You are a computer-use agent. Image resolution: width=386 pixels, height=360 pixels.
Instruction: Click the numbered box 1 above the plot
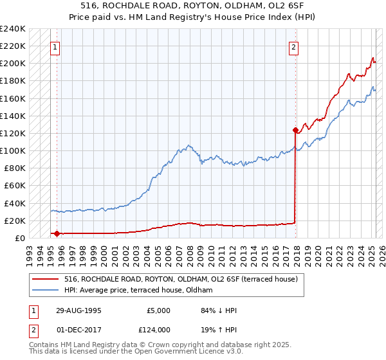coord(55,47)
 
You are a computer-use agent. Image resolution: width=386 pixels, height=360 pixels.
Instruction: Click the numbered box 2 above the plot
coord(293,47)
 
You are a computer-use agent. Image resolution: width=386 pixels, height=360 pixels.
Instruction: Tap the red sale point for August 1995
coord(57,234)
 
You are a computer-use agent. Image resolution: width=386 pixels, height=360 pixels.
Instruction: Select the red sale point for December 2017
coord(295,130)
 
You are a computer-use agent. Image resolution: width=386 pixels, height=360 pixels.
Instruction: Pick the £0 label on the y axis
coord(19,238)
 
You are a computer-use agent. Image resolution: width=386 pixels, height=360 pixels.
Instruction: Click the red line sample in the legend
coord(46,280)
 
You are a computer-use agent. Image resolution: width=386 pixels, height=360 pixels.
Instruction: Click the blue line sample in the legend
coord(46,291)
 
